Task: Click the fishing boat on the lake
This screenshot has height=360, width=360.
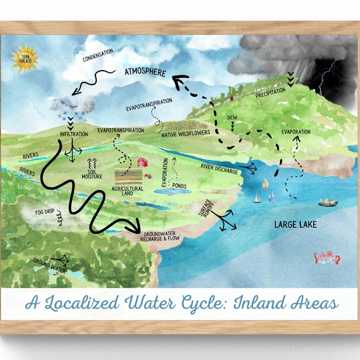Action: click(x=328, y=202)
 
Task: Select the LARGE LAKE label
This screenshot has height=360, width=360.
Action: click(x=295, y=224)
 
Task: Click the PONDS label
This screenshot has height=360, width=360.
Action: click(x=179, y=186)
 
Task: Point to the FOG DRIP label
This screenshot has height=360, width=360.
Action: click(x=45, y=212)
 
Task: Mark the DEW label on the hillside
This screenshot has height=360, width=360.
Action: click(x=232, y=117)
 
